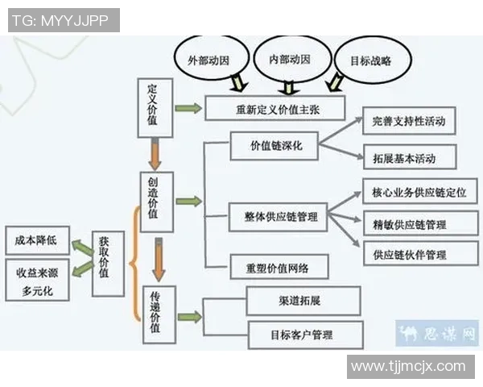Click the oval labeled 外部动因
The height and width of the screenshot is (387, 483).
coord(208,60)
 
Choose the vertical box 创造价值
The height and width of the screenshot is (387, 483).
coord(156,201)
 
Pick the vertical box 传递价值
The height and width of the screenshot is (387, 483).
coord(159,314)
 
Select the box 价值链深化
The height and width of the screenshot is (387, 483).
coord(274,146)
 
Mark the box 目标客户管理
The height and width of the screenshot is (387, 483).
coord(305,334)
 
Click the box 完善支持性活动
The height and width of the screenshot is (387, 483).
coord(410,121)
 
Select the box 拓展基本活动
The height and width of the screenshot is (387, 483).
coord(410,156)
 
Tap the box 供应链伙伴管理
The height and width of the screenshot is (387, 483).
coord(415,254)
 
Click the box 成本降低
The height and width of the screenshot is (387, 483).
coord(36,239)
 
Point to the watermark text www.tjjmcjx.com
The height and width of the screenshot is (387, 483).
coord(408,366)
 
